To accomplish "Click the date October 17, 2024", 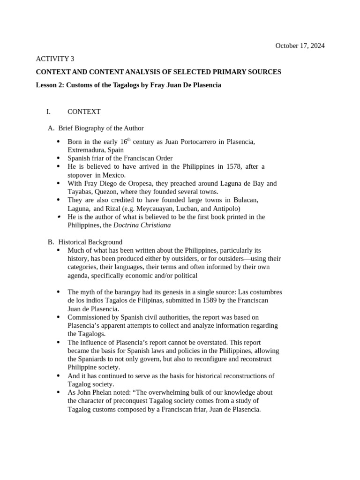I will (300, 46).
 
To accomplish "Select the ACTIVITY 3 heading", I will (55, 59).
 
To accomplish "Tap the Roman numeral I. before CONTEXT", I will (48, 112).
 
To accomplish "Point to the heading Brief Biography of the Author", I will (101, 128).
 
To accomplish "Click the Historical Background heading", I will (90, 242).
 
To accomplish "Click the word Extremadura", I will (87, 150).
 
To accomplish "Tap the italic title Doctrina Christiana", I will (142, 225).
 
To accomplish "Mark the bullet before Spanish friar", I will (58, 158).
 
